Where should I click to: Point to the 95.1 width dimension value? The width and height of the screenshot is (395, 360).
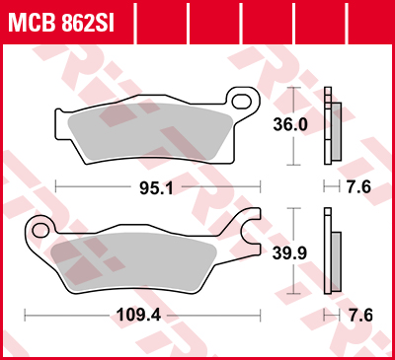[x=160, y=186]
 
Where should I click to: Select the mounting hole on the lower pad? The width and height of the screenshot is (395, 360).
[x=40, y=231]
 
